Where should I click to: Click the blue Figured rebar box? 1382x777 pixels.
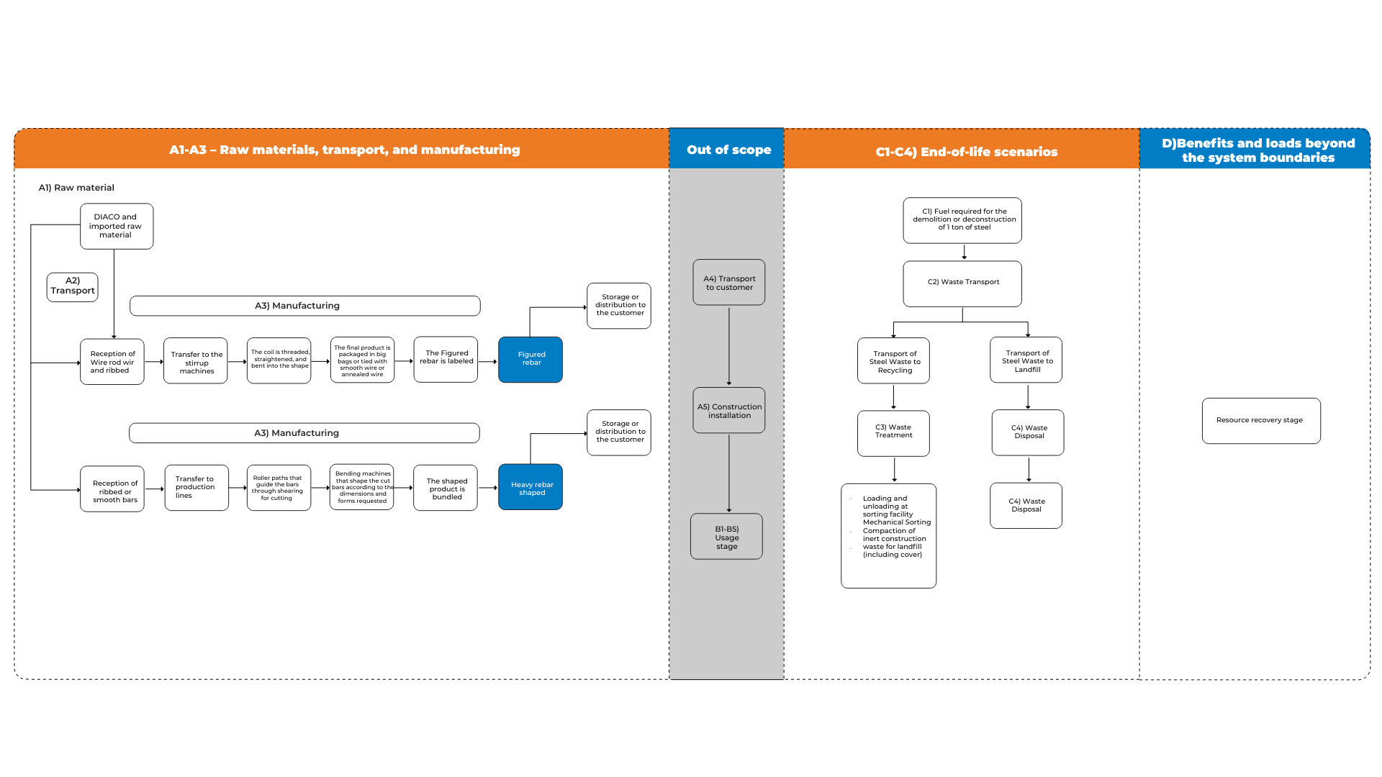[530, 360]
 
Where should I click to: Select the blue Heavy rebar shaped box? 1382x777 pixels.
[530, 487]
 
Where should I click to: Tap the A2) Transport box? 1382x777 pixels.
[72, 286]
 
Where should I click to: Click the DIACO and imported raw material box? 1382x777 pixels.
[117, 226]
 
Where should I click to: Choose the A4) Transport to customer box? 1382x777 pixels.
[728, 283]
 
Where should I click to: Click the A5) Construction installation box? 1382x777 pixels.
[728, 411]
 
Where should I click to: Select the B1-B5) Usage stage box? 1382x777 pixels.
[726, 537]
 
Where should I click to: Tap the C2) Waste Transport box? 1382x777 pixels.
[962, 283]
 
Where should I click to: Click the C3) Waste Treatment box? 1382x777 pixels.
[893, 432]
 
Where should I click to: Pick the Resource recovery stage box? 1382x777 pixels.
[1260, 421]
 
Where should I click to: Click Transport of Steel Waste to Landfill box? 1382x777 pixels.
[1026, 360]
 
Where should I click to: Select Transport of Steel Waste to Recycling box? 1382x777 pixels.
[893, 361]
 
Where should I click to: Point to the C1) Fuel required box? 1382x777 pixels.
[962, 220]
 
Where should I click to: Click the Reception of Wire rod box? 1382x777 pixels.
[112, 362]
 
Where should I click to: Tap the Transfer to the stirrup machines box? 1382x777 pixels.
[196, 362]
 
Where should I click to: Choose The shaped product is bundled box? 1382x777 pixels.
[446, 489]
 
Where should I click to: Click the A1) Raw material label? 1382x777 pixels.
[76, 188]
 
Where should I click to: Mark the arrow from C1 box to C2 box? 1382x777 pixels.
[964, 252]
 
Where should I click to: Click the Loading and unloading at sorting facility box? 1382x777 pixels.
[889, 535]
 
